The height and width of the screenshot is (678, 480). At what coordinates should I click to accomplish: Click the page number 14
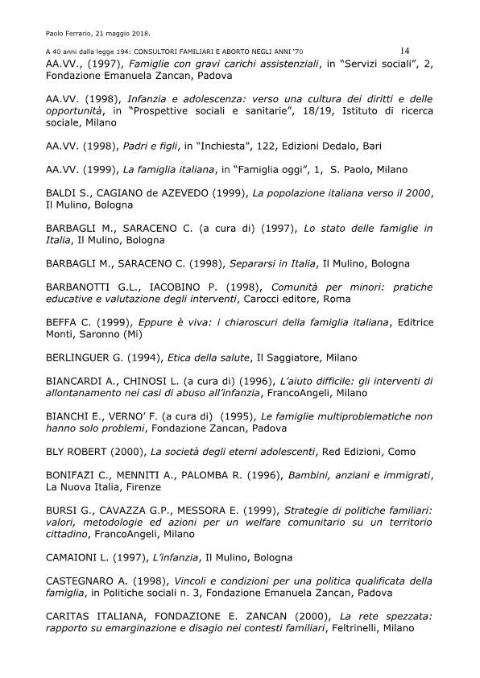click(404, 50)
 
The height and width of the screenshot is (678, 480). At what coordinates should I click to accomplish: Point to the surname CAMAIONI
click(78, 557)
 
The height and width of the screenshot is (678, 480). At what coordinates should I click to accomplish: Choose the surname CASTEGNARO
click(88, 581)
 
